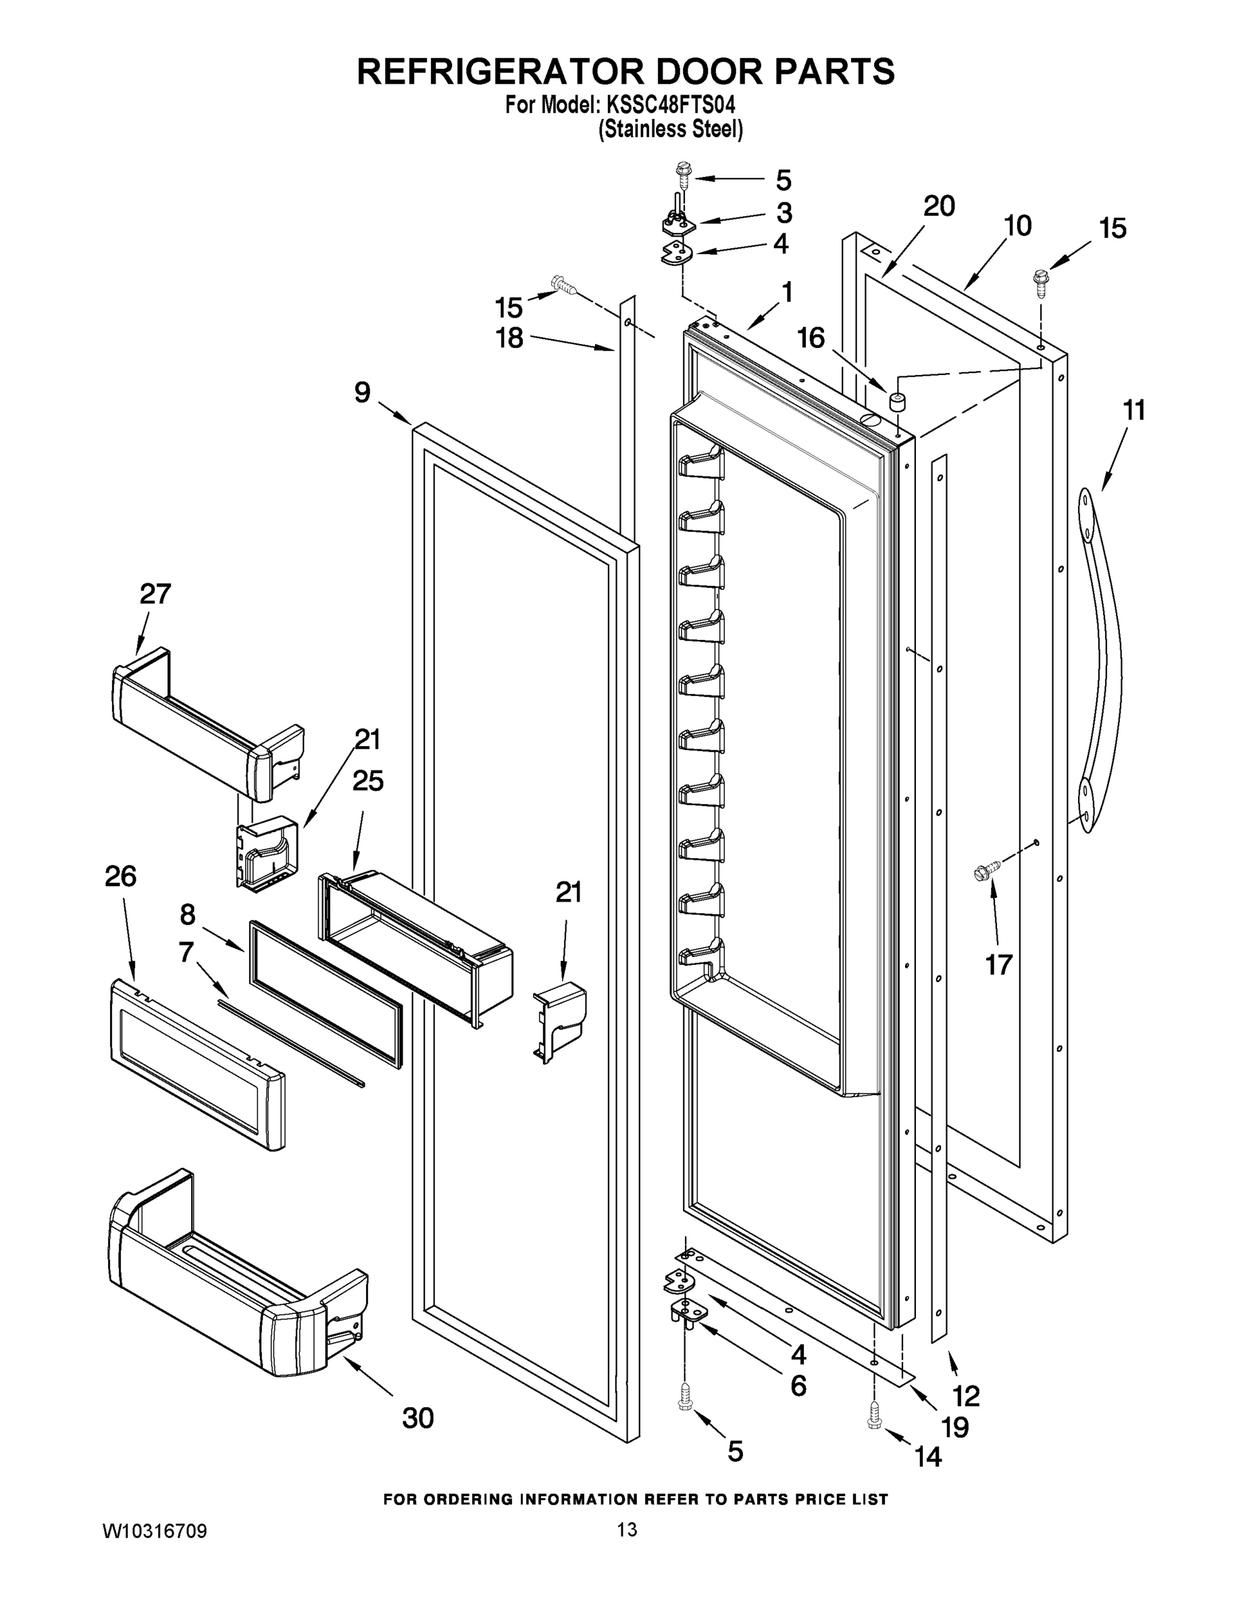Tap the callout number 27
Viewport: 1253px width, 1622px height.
(x=155, y=593)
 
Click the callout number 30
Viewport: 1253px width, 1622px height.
(x=418, y=1418)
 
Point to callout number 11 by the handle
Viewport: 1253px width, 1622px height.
(x=1133, y=410)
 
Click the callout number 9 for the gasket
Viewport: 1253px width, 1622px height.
(x=362, y=392)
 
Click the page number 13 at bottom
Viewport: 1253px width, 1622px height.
(x=628, y=1529)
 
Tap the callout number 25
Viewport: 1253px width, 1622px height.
(x=367, y=781)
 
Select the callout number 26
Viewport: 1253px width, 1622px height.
(x=120, y=877)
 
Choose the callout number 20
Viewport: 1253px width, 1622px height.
(x=939, y=205)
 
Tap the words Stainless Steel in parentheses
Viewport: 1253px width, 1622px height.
(x=670, y=130)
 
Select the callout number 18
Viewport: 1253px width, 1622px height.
(x=509, y=338)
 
